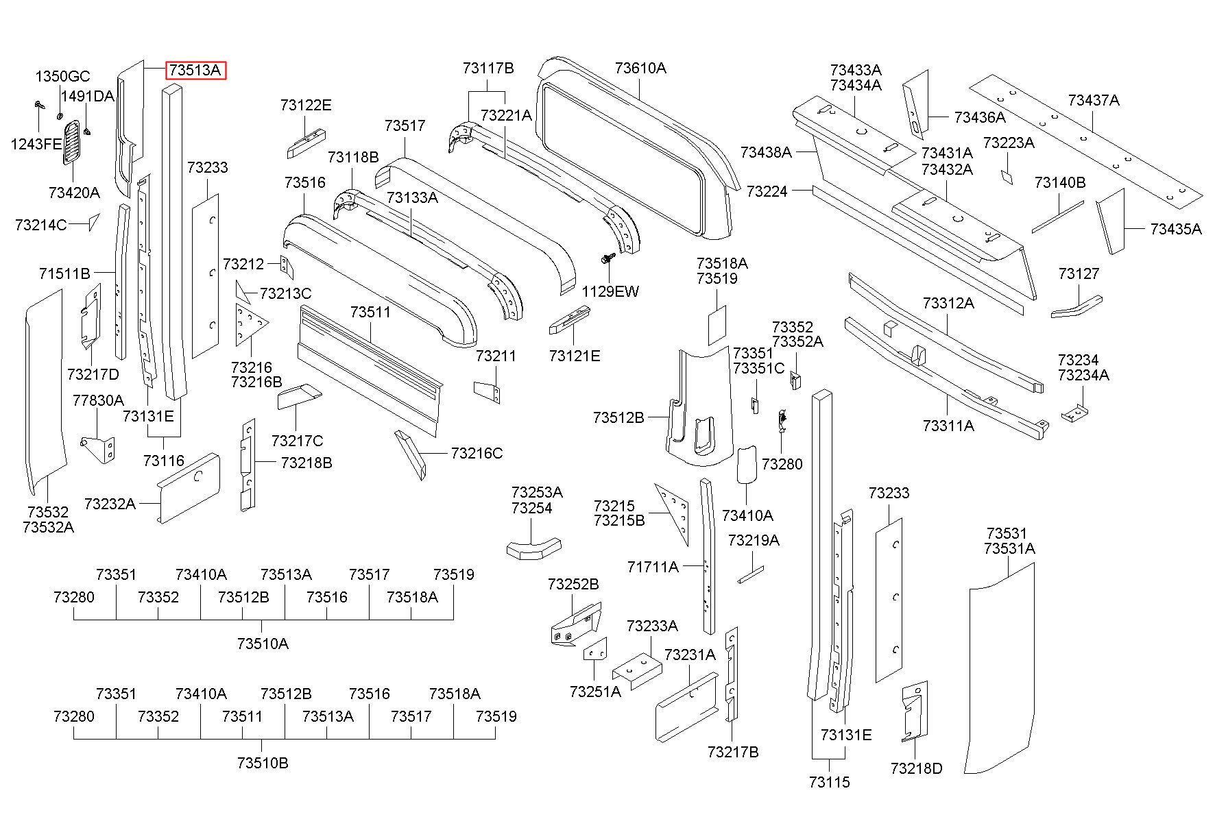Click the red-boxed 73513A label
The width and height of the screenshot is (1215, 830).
(x=195, y=70)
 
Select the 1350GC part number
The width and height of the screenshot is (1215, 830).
(x=63, y=76)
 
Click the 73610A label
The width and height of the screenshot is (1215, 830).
(x=640, y=68)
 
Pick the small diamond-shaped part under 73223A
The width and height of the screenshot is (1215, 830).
(x=1006, y=177)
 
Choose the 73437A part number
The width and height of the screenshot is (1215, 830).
(x=1094, y=100)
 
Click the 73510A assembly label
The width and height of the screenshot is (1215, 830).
(x=263, y=644)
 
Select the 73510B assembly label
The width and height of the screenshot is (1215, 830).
(x=263, y=763)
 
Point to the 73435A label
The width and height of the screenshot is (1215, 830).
(x=1176, y=229)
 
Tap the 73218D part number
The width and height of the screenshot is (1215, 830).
(x=917, y=768)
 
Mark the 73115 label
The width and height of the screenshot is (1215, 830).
(x=829, y=782)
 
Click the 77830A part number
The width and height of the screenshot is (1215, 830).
(x=98, y=400)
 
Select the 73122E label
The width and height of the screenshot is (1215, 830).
(x=306, y=105)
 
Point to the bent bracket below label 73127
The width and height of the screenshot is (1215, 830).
(x=1076, y=306)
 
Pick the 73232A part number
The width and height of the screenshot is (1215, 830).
(x=110, y=504)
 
